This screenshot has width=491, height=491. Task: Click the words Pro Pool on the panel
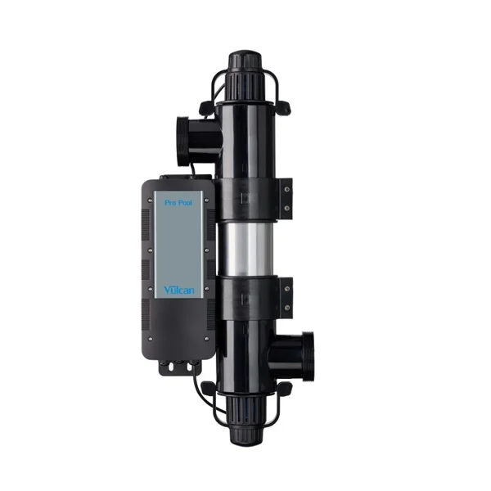point(178,203)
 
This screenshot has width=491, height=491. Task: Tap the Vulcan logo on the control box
point(178,291)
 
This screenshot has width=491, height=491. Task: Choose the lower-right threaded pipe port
point(293,356)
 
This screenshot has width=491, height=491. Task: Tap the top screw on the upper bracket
point(286,189)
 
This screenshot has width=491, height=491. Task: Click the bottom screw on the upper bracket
point(287,207)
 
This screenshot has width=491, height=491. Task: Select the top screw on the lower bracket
point(287,290)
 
